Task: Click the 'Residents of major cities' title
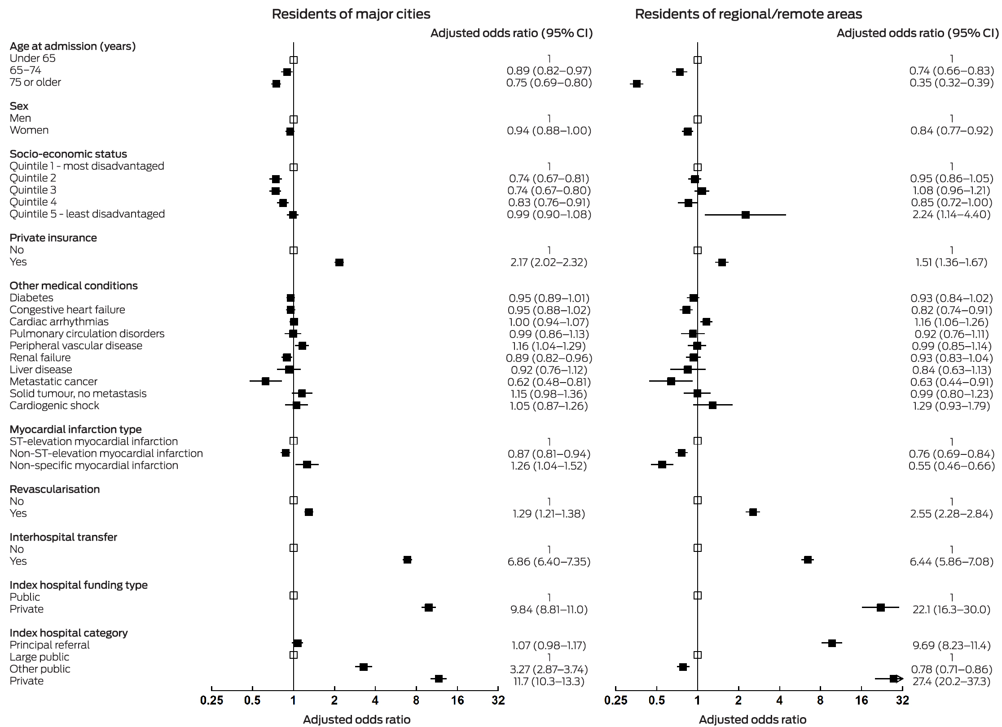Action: [x=351, y=14]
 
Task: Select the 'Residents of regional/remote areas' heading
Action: [x=748, y=14]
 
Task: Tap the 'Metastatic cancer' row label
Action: [x=53, y=382]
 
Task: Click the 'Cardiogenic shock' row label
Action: [x=54, y=405]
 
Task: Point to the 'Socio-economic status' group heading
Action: [x=68, y=154]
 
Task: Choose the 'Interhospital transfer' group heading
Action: [x=63, y=537]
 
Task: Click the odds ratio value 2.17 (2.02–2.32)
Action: [x=549, y=262]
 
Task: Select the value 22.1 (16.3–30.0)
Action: [x=951, y=609]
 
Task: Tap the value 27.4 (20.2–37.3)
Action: [x=951, y=681]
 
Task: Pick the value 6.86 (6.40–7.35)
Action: [x=549, y=562]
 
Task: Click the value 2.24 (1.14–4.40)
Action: [x=951, y=215]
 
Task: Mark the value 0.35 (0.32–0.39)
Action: [x=951, y=83]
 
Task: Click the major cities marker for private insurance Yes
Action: [x=339, y=262]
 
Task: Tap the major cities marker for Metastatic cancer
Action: [x=265, y=381]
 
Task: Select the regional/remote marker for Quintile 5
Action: [x=746, y=215]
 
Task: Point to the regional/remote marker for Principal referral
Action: [x=832, y=643]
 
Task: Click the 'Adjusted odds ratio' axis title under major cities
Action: [x=356, y=720]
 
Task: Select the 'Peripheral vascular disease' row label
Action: [x=76, y=346]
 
